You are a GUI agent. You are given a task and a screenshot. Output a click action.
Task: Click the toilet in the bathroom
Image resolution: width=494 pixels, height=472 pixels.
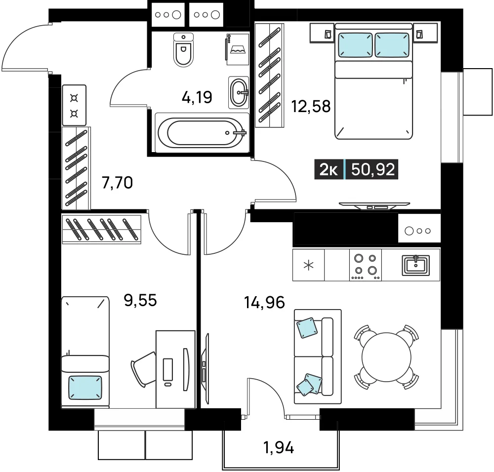click(183, 50)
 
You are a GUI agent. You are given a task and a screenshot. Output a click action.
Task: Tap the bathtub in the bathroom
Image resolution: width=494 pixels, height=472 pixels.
click(202, 132)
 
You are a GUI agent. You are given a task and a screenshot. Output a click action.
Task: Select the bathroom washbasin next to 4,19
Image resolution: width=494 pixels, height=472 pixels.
click(239, 93)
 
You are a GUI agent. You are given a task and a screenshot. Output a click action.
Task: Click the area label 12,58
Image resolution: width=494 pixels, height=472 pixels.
click(311, 106)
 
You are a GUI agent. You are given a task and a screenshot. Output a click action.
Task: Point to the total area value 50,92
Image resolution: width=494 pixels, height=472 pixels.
click(372, 169)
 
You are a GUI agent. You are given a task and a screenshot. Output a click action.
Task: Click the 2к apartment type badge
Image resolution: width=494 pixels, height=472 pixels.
click(329, 169)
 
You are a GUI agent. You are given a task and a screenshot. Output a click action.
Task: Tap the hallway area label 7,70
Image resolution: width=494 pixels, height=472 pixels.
click(117, 183)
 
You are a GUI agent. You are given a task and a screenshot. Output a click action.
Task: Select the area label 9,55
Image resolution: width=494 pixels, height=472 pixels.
click(140, 300)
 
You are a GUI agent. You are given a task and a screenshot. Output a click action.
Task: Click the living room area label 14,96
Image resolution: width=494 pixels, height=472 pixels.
click(264, 302)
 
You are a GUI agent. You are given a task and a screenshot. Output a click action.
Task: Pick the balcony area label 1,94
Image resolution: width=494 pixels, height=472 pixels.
click(279, 447)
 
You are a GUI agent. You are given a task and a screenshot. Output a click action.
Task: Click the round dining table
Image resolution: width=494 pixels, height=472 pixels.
click(387, 357)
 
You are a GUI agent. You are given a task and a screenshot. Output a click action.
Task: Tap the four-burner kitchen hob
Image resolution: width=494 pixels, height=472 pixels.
click(366, 265)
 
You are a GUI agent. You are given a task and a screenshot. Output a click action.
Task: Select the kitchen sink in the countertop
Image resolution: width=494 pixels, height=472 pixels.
click(416, 265)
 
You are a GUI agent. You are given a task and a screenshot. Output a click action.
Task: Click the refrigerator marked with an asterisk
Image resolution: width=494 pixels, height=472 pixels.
click(308, 265)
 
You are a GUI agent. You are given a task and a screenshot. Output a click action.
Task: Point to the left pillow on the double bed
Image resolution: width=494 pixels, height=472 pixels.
click(355, 45)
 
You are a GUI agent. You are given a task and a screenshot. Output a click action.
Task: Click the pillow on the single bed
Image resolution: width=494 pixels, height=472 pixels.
click(85, 387)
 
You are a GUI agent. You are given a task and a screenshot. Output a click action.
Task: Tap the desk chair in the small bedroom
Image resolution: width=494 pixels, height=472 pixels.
click(144, 369)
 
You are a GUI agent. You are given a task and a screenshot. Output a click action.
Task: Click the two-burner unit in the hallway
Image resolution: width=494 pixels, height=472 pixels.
click(74, 105)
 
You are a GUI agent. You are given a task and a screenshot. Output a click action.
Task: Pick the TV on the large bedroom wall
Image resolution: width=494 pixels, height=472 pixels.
click(374, 205)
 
